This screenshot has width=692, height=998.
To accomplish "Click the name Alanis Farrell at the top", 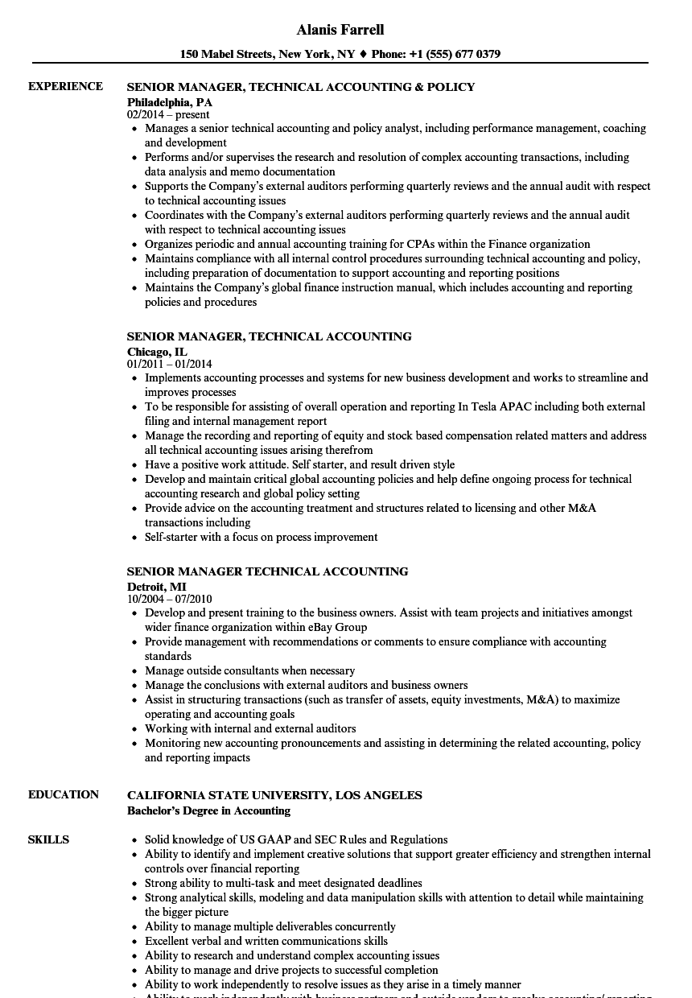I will point(340,30).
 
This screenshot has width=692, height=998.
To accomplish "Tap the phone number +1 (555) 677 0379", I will point(454,55).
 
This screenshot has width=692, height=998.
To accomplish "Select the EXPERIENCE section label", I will point(65,87).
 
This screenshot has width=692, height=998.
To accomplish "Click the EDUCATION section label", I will point(64,795).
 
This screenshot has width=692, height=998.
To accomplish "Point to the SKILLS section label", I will point(48,840).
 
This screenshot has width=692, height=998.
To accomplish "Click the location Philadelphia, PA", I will point(170,102).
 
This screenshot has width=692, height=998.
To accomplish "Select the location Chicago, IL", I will point(157,352).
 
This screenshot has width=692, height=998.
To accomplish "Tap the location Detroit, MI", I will point(156,587).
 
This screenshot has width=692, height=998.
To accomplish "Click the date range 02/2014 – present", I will point(168,115).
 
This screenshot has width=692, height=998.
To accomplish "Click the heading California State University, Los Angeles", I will point(274,795).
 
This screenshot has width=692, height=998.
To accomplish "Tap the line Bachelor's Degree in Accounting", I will point(208,810).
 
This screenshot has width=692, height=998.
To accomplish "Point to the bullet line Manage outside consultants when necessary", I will point(249,670).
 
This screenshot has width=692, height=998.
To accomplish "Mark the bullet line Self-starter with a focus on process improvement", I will point(261,537).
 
